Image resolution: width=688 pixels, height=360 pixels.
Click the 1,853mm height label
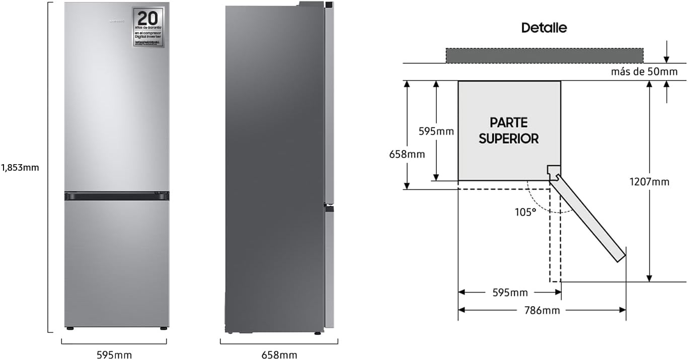[20, 168]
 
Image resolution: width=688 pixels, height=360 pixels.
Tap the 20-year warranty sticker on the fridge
[148, 27]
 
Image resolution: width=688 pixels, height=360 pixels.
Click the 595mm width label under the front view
[114, 355]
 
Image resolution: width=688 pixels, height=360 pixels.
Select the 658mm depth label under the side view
[279, 355]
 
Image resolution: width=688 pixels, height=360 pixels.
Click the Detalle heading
[544, 28]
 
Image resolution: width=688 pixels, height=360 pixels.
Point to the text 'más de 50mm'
[644, 71]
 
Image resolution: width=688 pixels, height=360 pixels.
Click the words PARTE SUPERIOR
[508, 130]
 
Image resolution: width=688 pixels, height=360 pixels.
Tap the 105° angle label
[525, 212]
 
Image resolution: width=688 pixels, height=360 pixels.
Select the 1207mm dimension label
[649, 182]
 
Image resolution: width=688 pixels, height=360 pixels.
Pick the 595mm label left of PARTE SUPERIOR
[436, 131]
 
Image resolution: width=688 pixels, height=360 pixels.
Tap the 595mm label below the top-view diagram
[509, 293]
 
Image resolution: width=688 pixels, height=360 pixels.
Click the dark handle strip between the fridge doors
[117, 196]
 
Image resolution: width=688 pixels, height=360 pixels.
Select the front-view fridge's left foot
[69, 329]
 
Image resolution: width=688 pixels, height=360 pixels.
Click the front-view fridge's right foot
[164, 329]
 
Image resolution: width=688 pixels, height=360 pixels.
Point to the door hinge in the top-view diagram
[554, 173]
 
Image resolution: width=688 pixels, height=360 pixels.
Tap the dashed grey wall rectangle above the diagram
[544, 55]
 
